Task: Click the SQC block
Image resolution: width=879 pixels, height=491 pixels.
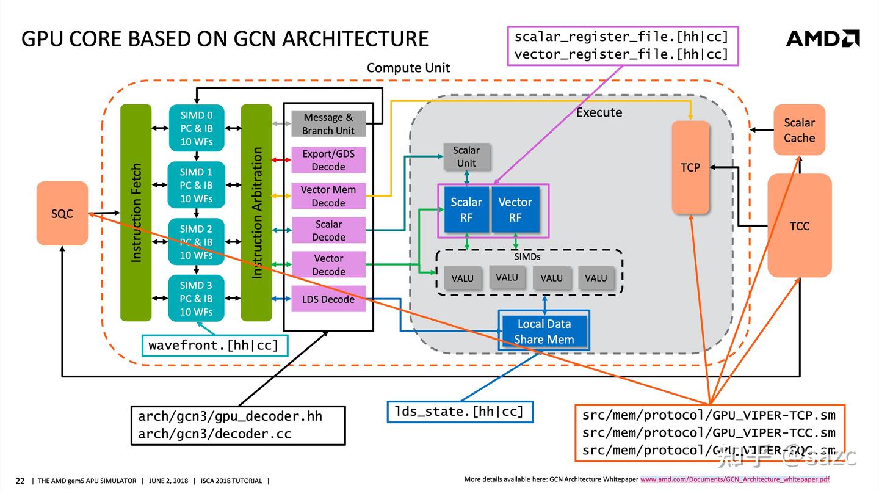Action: pyautogui.click(x=62, y=213)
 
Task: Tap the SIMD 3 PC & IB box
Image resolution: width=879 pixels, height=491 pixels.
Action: pyautogui.click(x=196, y=299)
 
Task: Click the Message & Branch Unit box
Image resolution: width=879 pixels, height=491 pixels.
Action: pyautogui.click(x=328, y=124)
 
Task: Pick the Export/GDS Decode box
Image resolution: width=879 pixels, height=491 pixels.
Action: pyautogui.click(x=328, y=160)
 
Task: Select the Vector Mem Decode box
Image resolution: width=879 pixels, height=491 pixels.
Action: pyautogui.click(x=328, y=196)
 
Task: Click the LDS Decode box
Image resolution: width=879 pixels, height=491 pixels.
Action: pyautogui.click(x=328, y=299)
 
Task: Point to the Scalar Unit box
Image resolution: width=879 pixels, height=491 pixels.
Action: pyautogui.click(x=466, y=156)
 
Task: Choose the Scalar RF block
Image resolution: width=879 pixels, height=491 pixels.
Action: pyautogui.click(x=466, y=209)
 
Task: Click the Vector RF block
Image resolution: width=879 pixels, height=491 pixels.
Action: pyautogui.click(x=515, y=209)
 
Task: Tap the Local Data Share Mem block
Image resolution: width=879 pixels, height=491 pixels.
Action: pyautogui.click(x=544, y=332)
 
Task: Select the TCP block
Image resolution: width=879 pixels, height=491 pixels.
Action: pyautogui.click(x=690, y=167)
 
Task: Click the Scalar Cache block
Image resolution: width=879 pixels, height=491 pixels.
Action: pyautogui.click(x=799, y=130)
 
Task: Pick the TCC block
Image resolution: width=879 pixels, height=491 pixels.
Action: pyautogui.click(x=799, y=226)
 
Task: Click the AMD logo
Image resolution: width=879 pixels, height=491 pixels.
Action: pyautogui.click(x=822, y=38)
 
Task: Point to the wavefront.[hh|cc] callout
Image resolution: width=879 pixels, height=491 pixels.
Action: pyautogui.click(x=214, y=345)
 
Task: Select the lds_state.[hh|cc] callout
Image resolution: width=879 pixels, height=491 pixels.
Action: pyautogui.click(x=460, y=412)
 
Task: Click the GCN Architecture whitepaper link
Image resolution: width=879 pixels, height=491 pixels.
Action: pyautogui.click(x=734, y=480)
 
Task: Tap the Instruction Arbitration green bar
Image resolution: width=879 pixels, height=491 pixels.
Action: pyautogui.click(x=256, y=213)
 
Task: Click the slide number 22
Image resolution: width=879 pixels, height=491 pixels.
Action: pyautogui.click(x=20, y=481)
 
